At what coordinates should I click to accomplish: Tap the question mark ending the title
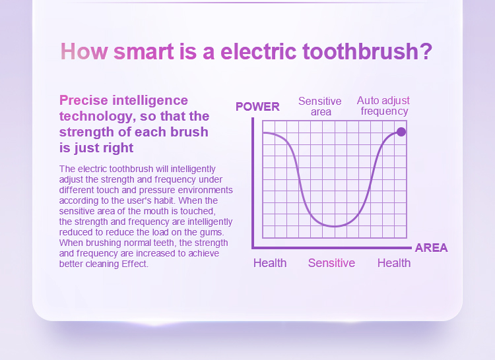coord(426,51)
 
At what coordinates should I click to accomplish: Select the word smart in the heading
coord(144,51)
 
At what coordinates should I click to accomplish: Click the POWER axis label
coord(257,107)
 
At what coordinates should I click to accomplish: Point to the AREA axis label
coord(431,248)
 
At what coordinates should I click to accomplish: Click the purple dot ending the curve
coord(401,132)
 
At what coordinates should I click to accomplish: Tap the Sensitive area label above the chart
coord(320,106)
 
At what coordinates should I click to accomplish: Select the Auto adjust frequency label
coord(383,105)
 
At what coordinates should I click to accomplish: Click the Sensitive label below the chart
coord(331,263)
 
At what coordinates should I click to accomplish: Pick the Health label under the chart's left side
coord(270,263)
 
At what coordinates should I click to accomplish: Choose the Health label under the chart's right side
coord(394,263)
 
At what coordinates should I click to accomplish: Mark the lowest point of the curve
coord(335,226)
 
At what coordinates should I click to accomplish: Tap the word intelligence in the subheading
coord(150,101)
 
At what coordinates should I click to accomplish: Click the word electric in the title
coord(259,51)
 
